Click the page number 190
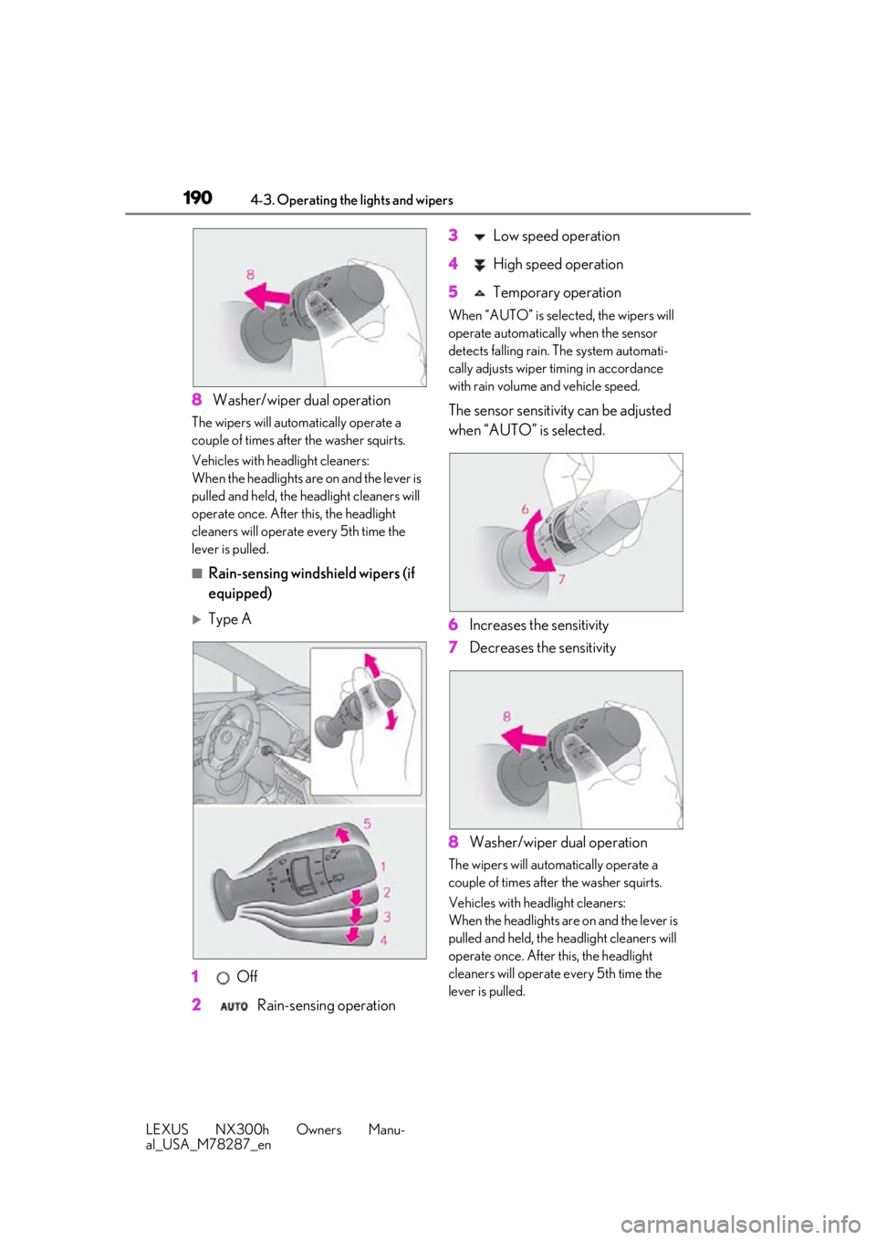point(197,198)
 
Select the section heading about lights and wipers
point(351,200)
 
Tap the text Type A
point(230,619)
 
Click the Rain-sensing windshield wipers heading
point(311,583)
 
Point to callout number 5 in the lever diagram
point(367,825)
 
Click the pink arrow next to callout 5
point(344,834)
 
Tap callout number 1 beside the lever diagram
point(383,867)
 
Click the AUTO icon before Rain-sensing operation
point(234,1006)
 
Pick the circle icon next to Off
point(223,978)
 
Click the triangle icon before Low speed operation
point(479,237)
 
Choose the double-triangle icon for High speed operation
point(479,265)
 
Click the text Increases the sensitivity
point(538,625)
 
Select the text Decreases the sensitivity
point(543,647)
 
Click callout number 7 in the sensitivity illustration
point(561,579)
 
